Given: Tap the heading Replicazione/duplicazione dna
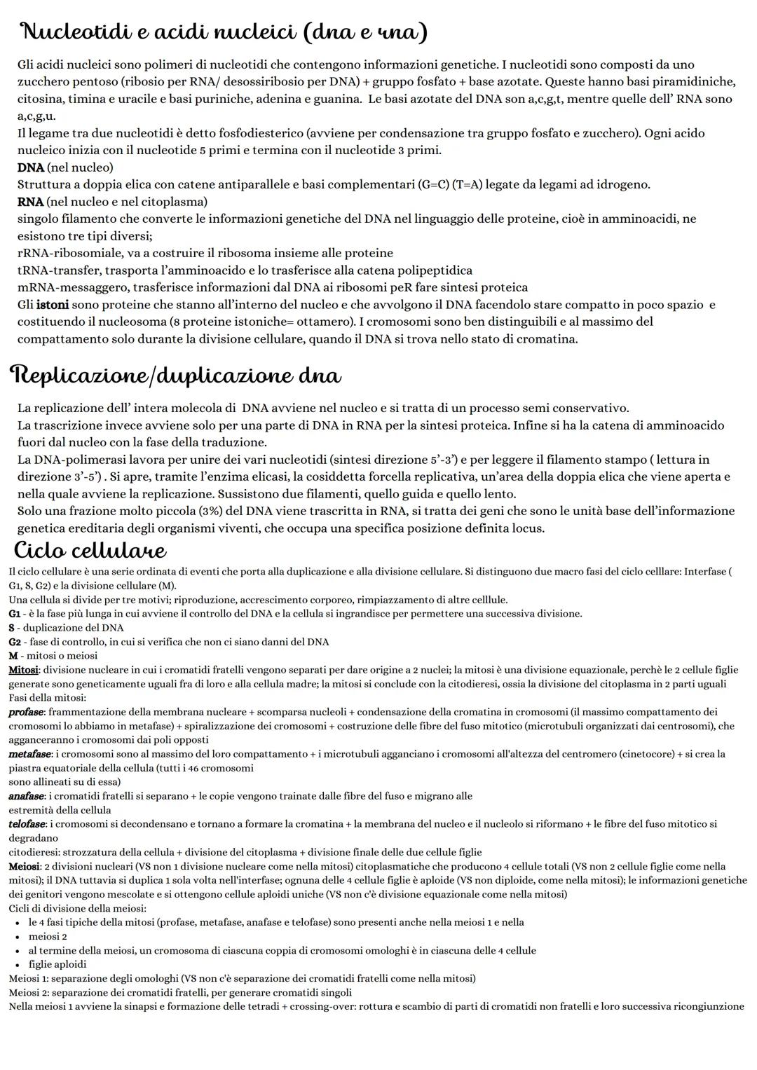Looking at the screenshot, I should coord(175,376).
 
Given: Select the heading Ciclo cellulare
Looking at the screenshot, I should coord(90,548).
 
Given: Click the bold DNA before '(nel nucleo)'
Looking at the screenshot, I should coord(31,167).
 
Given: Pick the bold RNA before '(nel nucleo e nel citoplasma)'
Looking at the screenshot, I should coord(31,202).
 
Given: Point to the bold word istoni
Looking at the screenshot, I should coord(53,305).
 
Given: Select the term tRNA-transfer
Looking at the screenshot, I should coord(55,270).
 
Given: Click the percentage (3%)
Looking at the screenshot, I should coord(213,511).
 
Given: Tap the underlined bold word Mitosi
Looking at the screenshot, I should coord(24,670).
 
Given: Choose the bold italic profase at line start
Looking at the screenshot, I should coord(26,712).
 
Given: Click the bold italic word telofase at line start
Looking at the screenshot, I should coord(27,824).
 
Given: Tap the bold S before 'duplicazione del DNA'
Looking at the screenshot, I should coord(12,628).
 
